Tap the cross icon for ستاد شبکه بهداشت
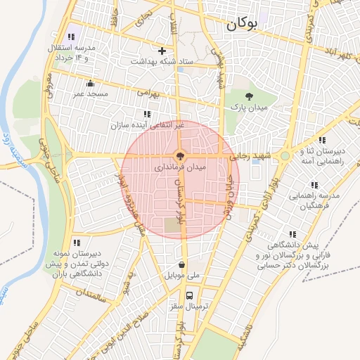tap(162, 51)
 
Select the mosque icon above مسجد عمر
tap(89, 83)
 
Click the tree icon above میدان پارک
tap(247, 95)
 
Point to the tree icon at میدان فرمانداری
tap(180, 155)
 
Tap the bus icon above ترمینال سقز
tap(190, 295)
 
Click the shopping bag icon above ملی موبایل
tap(182, 265)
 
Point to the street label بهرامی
tap(149, 92)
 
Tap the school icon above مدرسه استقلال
tap(70, 37)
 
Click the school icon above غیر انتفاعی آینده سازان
tap(147, 114)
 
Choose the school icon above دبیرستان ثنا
tap(322, 140)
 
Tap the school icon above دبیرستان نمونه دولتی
tap(76, 243)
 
